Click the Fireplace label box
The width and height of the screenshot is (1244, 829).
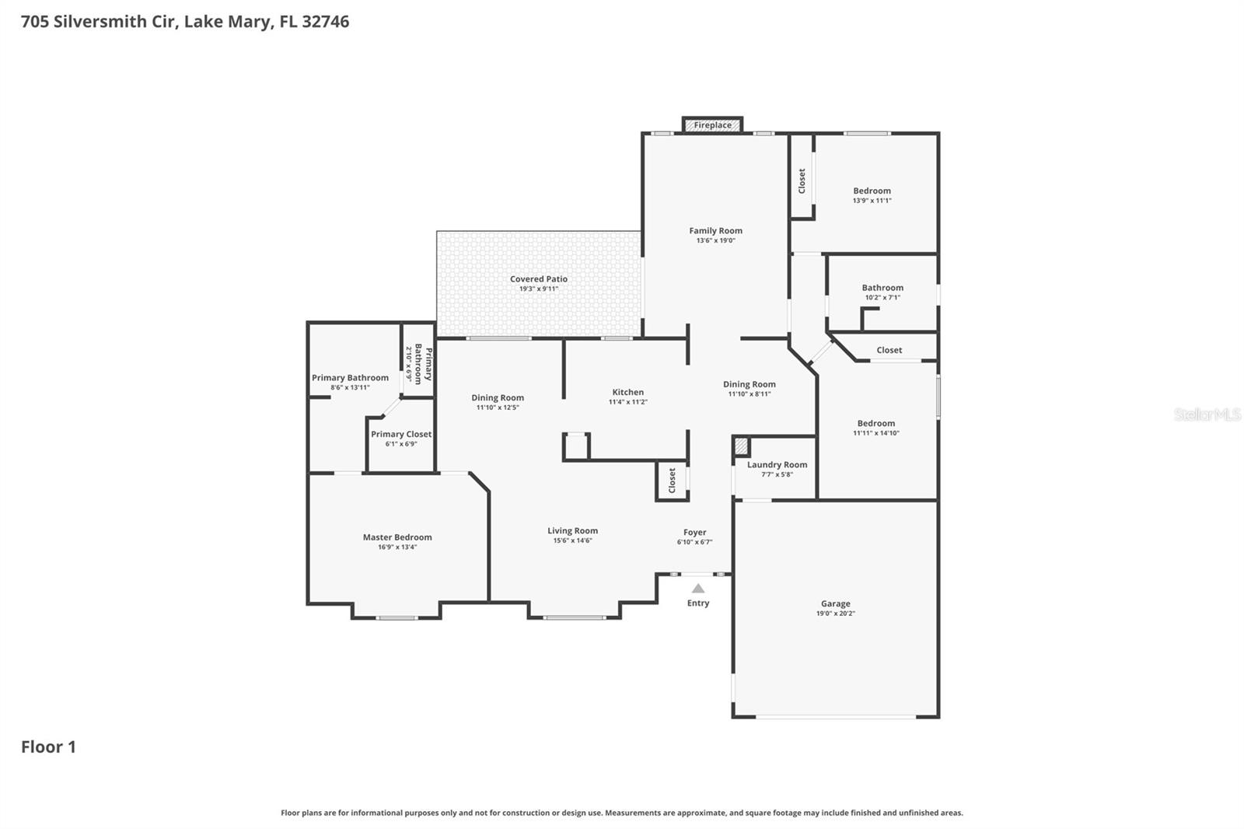click(712, 125)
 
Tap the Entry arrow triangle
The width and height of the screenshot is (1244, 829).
click(698, 589)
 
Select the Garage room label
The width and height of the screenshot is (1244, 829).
click(835, 603)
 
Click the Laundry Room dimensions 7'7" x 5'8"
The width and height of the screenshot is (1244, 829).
click(777, 474)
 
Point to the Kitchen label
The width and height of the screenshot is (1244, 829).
click(627, 392)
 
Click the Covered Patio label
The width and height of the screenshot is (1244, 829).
click(538, 278)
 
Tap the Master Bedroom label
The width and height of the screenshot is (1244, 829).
click(397, 537)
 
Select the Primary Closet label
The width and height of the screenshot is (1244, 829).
click(400, 434)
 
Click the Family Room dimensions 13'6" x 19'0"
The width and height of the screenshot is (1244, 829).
click(715, 241)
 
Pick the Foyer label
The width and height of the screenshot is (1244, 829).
click(694, 532)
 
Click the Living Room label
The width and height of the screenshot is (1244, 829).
click(572, 530)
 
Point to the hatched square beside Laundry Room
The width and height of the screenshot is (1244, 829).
click(741, 446)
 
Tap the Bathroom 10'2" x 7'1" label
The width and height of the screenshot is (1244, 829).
click(882, 287)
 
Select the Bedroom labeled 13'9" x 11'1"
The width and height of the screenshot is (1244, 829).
click(872, 191)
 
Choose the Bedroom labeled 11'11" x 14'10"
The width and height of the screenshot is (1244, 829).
click(875, 423)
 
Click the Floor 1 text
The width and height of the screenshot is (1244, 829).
click(48, 747)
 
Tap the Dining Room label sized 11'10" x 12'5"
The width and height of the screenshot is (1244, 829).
click(497, 397)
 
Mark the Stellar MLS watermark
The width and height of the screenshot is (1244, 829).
click(1207, 414)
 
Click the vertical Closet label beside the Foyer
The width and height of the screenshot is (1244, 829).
click(673, 480)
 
